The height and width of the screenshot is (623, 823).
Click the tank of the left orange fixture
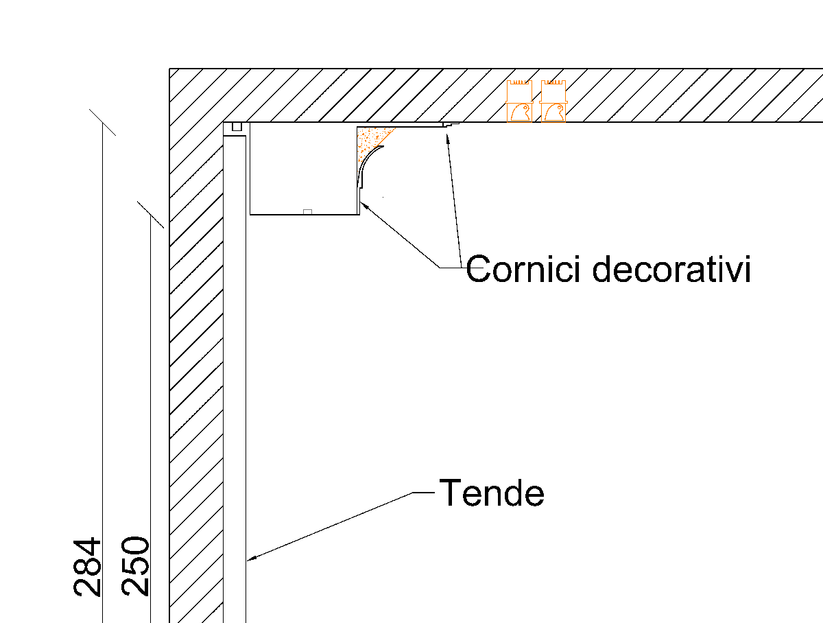(x=519, y=93)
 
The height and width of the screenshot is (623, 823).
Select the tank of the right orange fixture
(x=553, y=93)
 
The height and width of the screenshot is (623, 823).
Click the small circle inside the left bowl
(x=525, y=108)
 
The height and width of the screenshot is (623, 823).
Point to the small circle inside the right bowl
(x=559, y=108)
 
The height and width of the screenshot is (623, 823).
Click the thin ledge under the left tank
(x=519, y=102)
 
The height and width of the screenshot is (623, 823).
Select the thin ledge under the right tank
(x=553, y=102)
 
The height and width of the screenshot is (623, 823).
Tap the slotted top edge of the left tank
(x=519, y=82)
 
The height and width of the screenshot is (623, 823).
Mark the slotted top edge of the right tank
(x=553, y=82)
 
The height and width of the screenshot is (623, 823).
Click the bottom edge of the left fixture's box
(x=519, y=122)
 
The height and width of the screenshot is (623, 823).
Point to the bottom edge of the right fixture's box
(x=553, y=122)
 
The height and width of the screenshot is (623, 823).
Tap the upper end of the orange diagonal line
(x=394, y=128)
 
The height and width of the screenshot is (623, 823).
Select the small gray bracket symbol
(x=307, y=211)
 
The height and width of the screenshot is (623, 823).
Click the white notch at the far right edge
(x=804, y=280)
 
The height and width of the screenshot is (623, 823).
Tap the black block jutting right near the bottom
(x=449, y=504)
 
